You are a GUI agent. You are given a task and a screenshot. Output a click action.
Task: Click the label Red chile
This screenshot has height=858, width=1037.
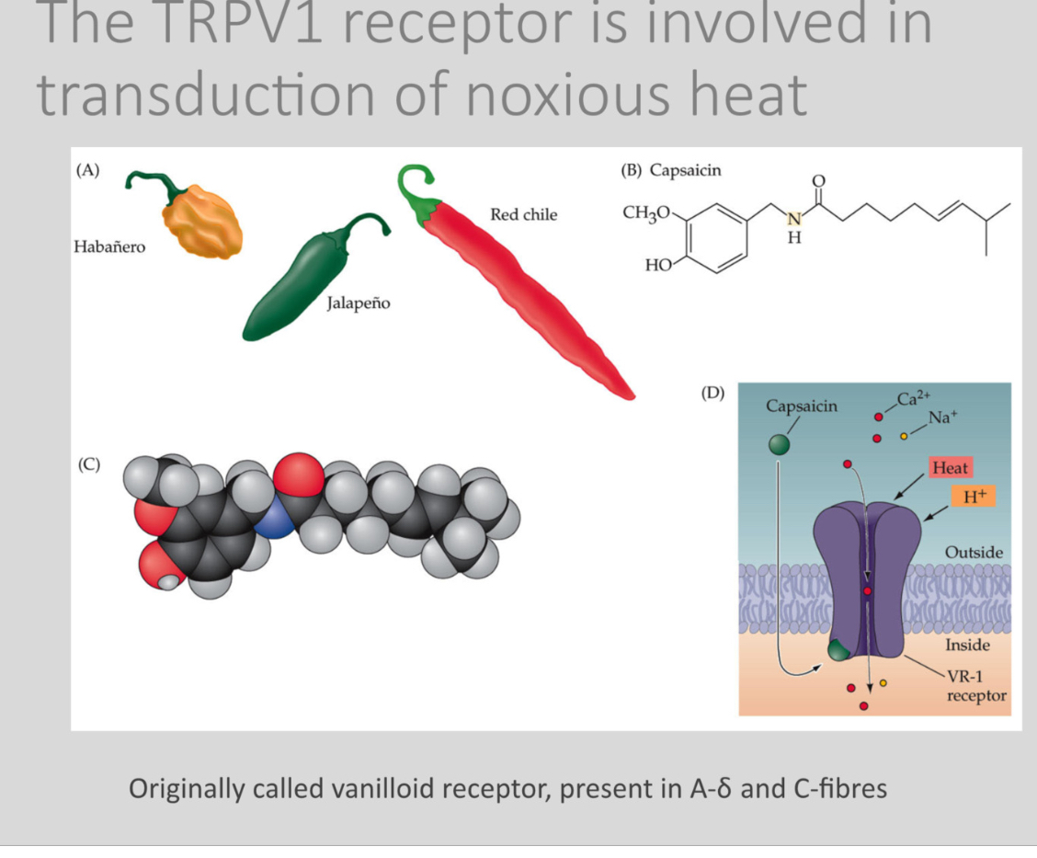pyautogui.click(x=523, y=215)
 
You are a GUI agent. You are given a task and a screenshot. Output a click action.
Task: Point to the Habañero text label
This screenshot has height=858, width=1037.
pyautogui.click(x=109, y=247)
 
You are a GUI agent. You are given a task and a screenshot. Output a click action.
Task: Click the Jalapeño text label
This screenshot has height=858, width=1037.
pyautogui.click(x=359, y=303)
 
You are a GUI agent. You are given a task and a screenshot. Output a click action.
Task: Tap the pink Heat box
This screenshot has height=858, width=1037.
pyautogui.click(x=950, y=468)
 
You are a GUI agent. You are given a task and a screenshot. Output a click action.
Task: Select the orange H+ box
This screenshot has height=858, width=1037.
pyautogui.click(x=974, y=497)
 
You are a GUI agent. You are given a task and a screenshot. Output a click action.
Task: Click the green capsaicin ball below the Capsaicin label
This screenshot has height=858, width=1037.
pyautogui.click(x=780, y=443)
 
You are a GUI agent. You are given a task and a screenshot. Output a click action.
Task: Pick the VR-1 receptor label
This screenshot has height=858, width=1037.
pyautogui.click(x=975, y=687)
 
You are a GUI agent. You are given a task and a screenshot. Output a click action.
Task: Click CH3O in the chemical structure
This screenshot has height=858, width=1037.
pyautogui.click(x=648, y=213)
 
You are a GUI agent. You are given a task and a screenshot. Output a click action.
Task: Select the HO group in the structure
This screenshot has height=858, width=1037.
pyautogui.click(x=659, y=266)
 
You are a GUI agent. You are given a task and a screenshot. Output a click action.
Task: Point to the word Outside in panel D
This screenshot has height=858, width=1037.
pyautogui.click(x=974, y=553)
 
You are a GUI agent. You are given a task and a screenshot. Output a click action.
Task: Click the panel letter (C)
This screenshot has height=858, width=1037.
pyautogui.click(x=89, y=464)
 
